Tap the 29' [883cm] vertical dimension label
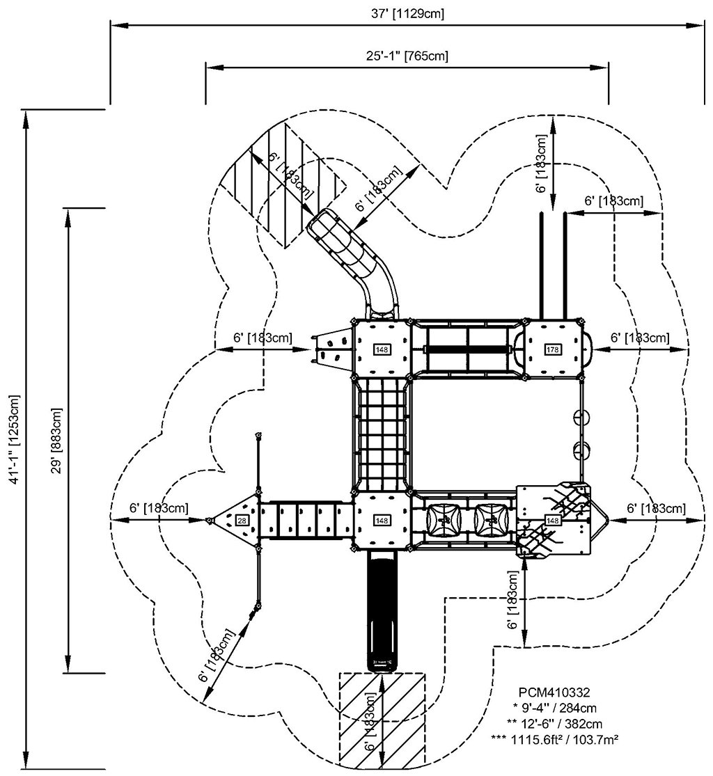(x=56, y=439)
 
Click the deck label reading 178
(x=553, y=349)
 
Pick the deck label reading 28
(x=242, y=520)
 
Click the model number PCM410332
(x=555, y=692)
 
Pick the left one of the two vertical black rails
(x=542, y=264)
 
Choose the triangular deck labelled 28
(x=237, y=520)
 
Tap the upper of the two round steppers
(x=582, y=417)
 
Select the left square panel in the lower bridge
(x=443, y=519)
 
